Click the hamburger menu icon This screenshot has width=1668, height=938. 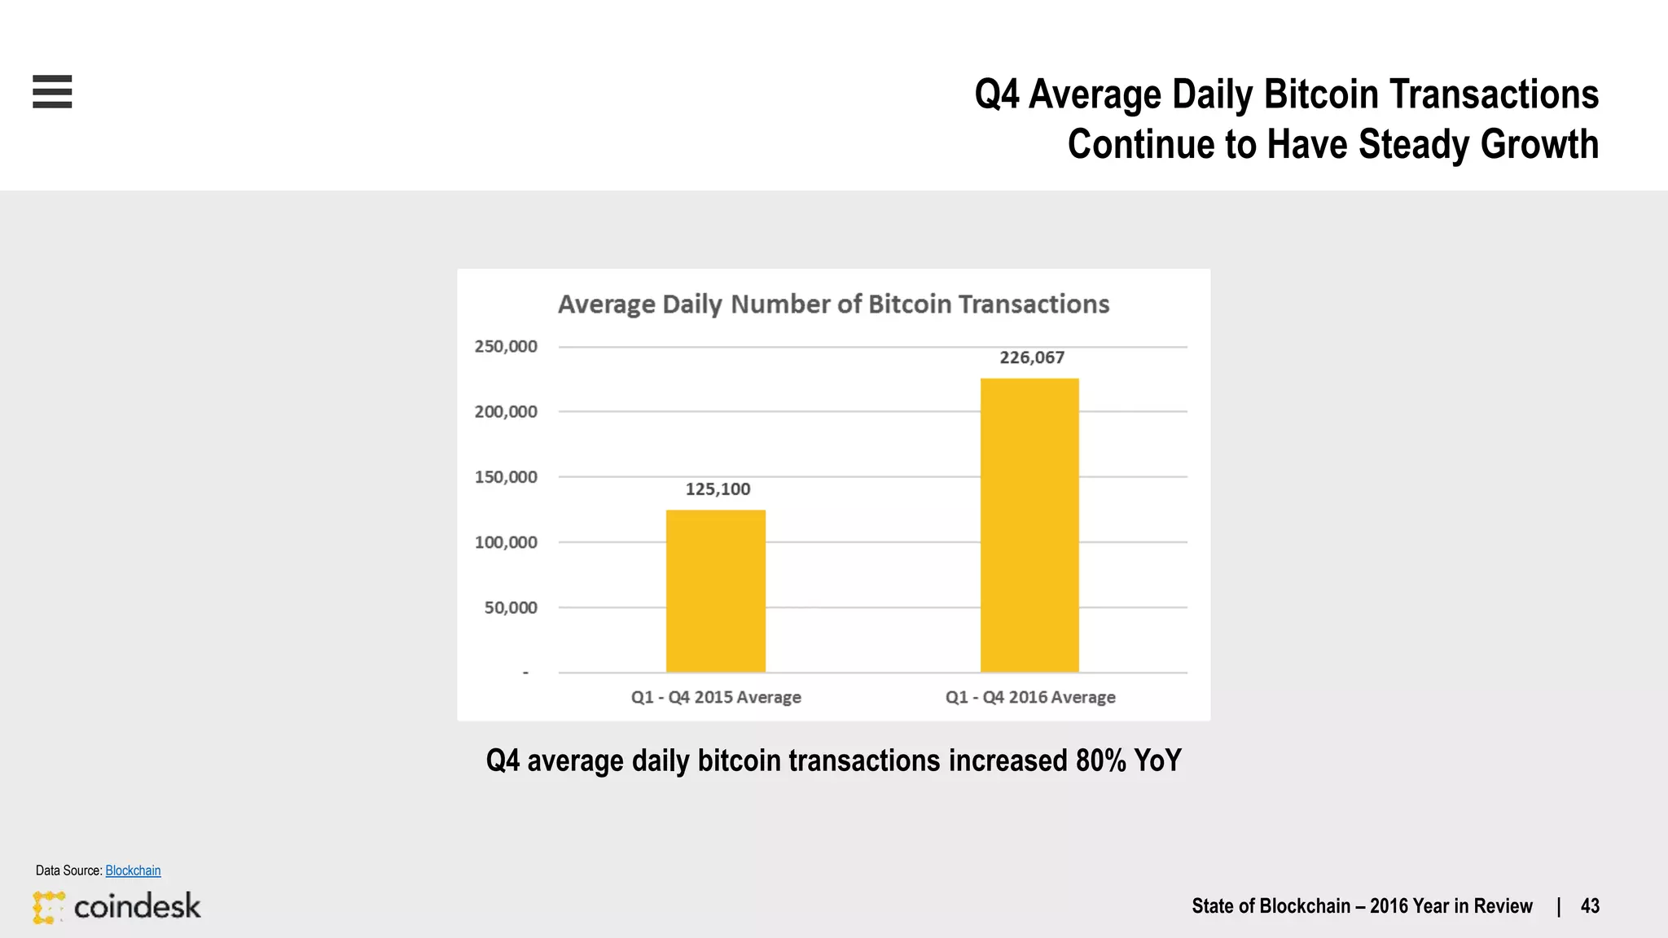pos(52,91)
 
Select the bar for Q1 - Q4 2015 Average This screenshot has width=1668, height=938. pos(715,590)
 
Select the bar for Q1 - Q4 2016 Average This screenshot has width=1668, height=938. pos(1029,525)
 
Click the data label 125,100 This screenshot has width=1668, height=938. pos(718,489)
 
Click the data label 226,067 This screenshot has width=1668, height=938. pos(1032,357)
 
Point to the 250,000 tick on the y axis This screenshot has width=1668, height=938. pos(506,347)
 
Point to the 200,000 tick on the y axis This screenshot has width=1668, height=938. pos(506,412)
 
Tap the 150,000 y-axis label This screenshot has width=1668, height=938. pos(506,477)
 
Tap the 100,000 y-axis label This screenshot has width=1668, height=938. pos(506,542)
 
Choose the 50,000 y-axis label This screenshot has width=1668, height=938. pos(511,607)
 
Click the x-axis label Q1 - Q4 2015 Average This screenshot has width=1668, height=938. pos(716,698)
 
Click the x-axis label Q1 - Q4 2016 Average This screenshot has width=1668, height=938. pos(1030,698)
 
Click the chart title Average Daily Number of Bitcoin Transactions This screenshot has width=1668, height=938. pos(833,305)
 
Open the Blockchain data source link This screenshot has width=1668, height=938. pos(133,870)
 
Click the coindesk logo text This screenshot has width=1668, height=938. pos(137,906)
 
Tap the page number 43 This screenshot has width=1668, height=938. pos(1590,906)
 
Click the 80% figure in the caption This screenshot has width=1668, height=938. pos(1100,760)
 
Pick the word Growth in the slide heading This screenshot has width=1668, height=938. pos(1539,144)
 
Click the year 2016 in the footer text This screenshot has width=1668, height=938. pos(1390,906)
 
